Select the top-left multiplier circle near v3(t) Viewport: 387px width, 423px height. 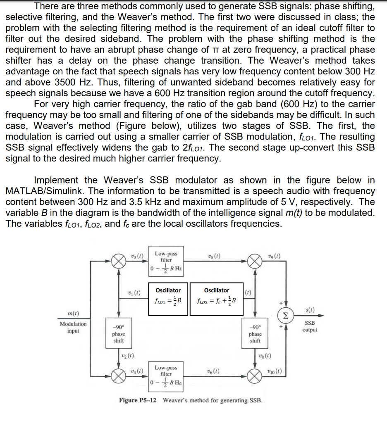tap(119, 261)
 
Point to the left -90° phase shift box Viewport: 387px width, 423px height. tap(119, 333)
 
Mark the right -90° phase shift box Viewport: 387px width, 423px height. tap(256, 333)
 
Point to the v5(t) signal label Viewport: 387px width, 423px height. tap(214, 255)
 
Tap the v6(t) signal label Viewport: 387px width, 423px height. tap(214, 371)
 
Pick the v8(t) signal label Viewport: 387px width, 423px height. tap(264, 355)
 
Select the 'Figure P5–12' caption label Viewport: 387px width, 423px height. tap(138, 400)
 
